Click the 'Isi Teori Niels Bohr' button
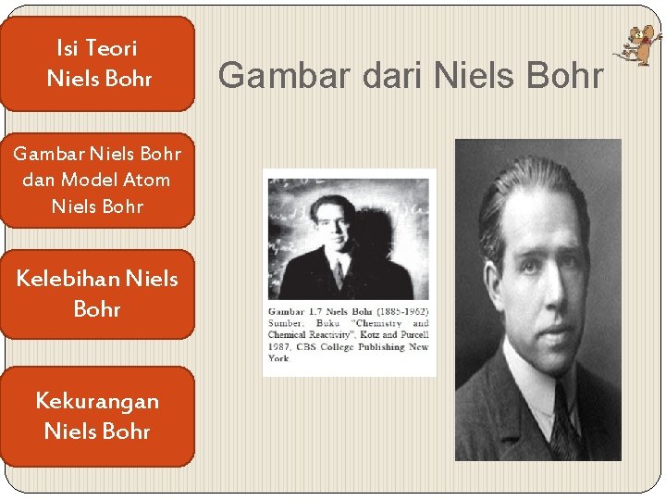tap(97, 63)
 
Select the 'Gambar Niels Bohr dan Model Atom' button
tap(97, 180)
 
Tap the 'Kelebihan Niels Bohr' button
tap(97, 293)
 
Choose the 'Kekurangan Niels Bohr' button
tap(97, 416)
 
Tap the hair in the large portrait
tap(527, 185)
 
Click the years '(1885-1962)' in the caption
tap(399, 311)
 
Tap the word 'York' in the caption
tap(278, 358)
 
